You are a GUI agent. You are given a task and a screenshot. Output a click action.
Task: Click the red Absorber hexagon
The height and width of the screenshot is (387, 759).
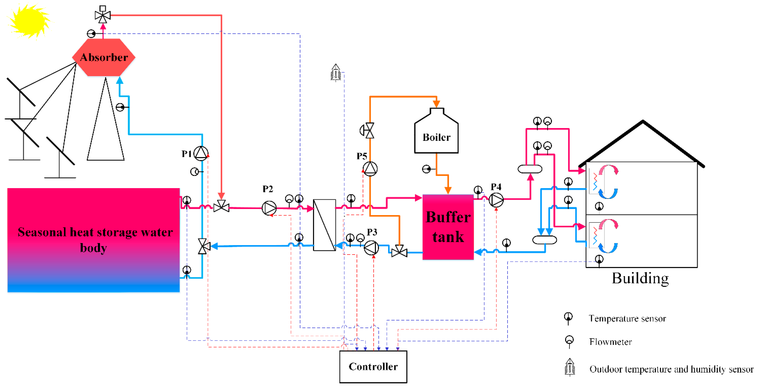[104, 57]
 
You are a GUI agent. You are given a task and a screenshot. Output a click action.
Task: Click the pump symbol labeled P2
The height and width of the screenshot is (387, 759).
[269, 208]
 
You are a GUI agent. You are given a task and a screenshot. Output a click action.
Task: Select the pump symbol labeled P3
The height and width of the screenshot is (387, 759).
[371, 248]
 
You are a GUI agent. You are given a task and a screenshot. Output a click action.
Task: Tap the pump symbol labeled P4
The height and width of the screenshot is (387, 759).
[496, 200]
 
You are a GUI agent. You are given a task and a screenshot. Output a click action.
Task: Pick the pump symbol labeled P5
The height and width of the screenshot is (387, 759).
[370, 169]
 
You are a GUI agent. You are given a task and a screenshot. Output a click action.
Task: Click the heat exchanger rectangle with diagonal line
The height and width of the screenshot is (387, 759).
[324, 225]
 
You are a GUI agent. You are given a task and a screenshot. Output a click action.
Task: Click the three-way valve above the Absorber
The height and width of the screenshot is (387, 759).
[103, 15]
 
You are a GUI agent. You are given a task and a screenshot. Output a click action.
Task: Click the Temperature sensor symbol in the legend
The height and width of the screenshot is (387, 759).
[568, 318]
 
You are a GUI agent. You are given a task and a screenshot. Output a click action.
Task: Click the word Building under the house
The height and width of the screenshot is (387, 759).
[640, 278]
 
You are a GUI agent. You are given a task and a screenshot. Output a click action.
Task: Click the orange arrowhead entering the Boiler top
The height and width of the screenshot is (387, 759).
[436, 104]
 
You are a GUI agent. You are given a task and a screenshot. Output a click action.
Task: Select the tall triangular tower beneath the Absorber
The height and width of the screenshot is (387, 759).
[105, 133]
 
